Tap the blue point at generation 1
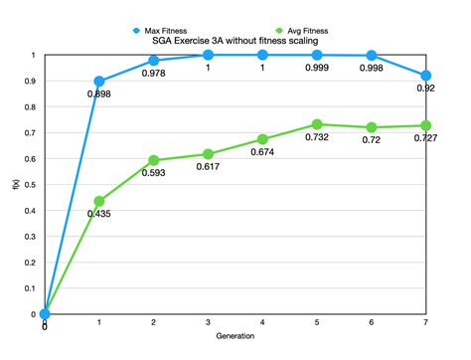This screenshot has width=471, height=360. pyautogui.click(x=99, y=82)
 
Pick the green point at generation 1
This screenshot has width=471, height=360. pyautogui.click(x=99, y=201)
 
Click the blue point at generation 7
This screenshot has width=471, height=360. pyautogui.click(x=426, y=76)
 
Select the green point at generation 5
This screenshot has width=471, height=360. pyautogui.click(x=317, y=124)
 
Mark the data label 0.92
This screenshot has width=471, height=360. pyautogui.click(x=426, y=90)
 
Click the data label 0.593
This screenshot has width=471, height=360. pyautogui.click(x=154, y=174)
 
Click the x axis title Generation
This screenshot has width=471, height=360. pyautogui.click(x=235, y=336)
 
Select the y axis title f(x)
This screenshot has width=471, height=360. pyautogui.click(x=14, y=184)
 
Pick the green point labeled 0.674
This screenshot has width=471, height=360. pyautogui.click(x=262, y=139)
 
